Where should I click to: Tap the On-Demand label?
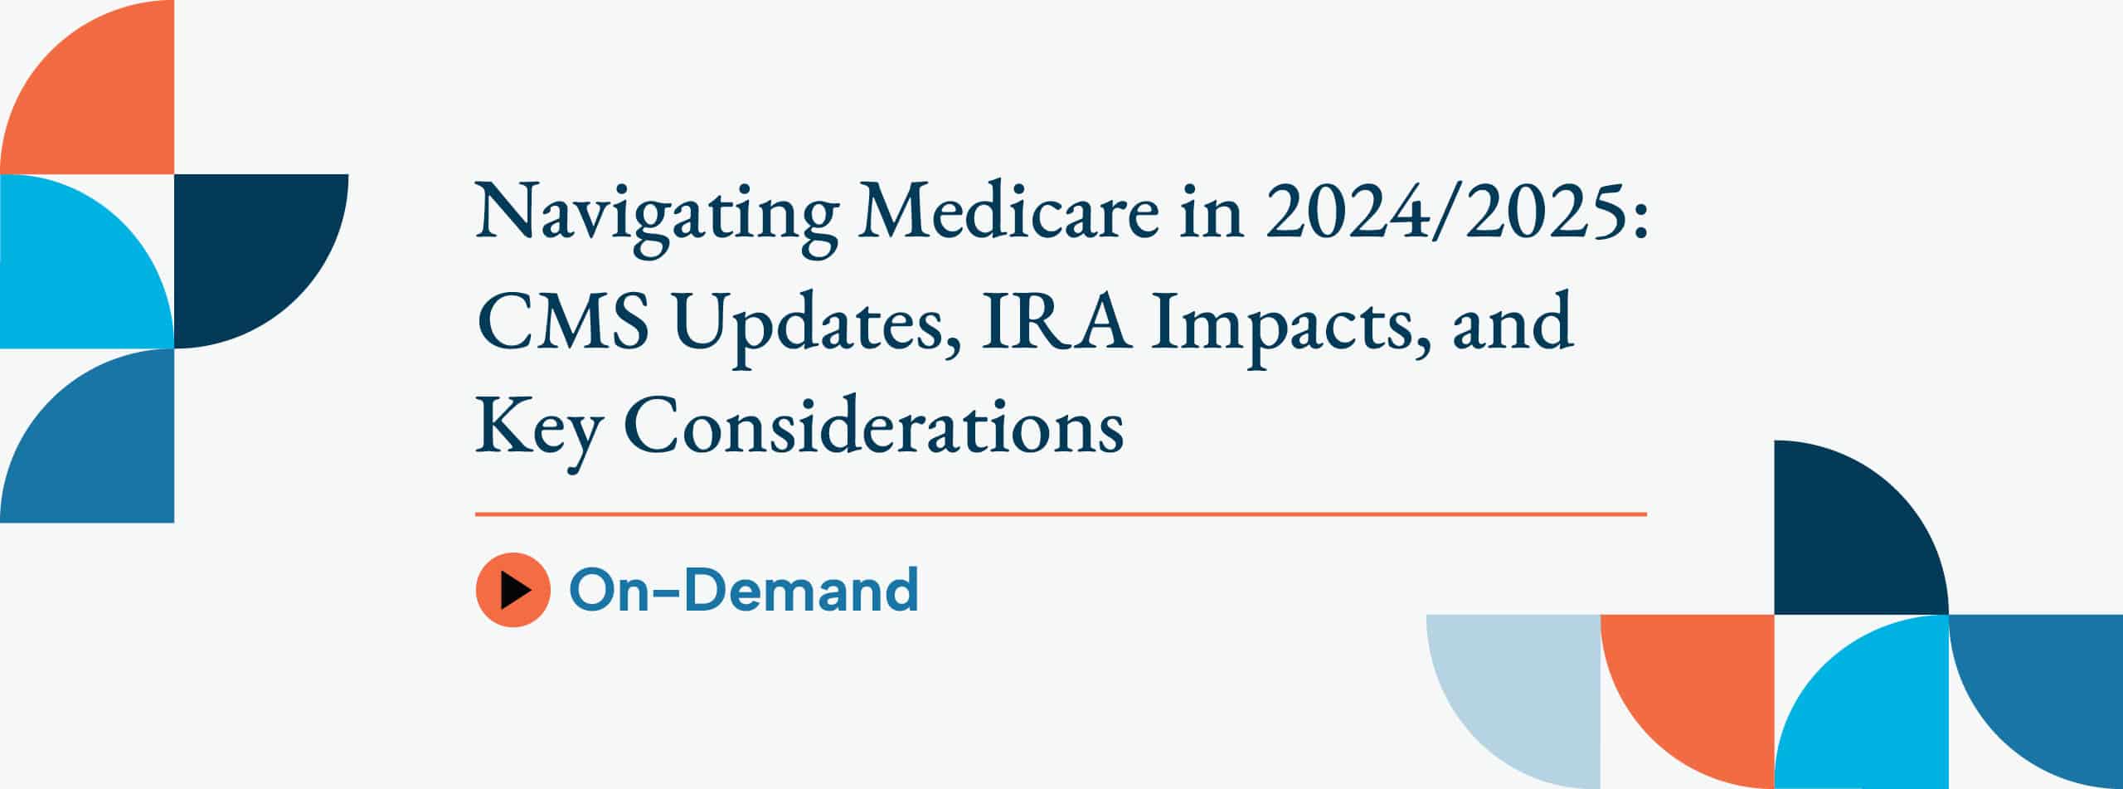coord(744,589)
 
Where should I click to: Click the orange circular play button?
coord(513,590)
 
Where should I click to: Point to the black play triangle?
coord(516,590)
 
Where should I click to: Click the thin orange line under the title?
coord(1061,514)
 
